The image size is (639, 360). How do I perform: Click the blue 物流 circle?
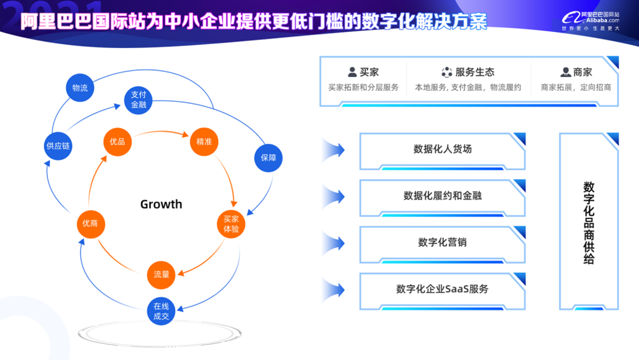coord(80,88)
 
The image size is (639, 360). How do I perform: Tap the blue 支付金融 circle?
coord(138,100)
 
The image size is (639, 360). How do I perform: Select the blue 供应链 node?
coord(59,146)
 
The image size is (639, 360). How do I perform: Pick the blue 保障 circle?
coord(268,157)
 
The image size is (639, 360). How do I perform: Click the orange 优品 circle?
coord(117,142)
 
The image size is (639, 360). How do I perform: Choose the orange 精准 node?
coord(204,142)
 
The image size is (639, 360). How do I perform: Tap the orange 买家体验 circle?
coord(231,224)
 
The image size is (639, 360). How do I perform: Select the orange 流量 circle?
coord(162,274)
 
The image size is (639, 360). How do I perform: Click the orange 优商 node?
coord(91,224)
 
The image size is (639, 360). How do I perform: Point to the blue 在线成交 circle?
coord(162,311)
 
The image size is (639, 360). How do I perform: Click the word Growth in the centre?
coord(161,204)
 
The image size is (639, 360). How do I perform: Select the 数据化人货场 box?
coord(442,150)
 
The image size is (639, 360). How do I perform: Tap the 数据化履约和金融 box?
coord(442,196)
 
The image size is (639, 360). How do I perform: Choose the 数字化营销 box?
coord(442,242)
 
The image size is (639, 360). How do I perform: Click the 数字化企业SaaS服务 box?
coord(442,289)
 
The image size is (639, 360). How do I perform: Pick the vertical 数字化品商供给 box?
coord(588,221)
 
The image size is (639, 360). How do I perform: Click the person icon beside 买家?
coord(353,72)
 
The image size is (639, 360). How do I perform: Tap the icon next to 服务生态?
coord(447,72)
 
